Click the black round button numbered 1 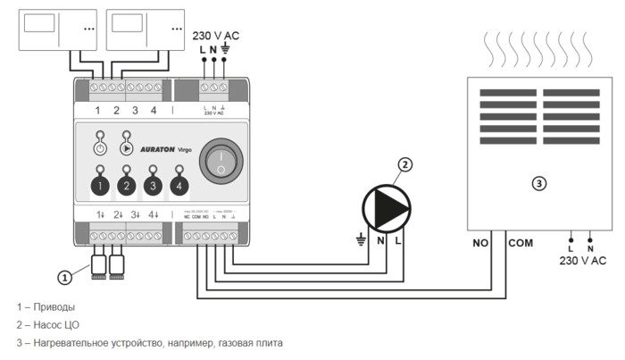click(x=101, y=186)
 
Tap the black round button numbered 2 click(x=127, y=186)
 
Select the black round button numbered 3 click(x=153, y=186)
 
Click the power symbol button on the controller click(x=100, y=149)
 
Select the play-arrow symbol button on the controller click(x=126, y=149)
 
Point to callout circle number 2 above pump click(x=405, y=164)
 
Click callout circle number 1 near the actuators click(x=64, y=278)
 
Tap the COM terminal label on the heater click(x=521, y=242)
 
